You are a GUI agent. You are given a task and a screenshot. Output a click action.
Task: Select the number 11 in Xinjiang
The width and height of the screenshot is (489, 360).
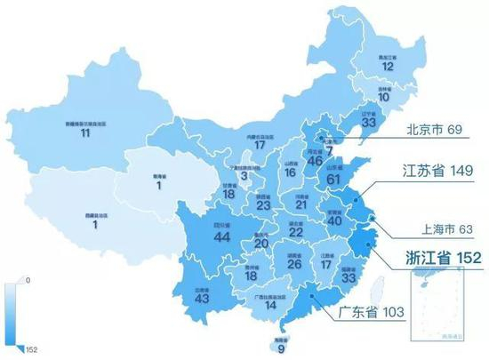[85, 132]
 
